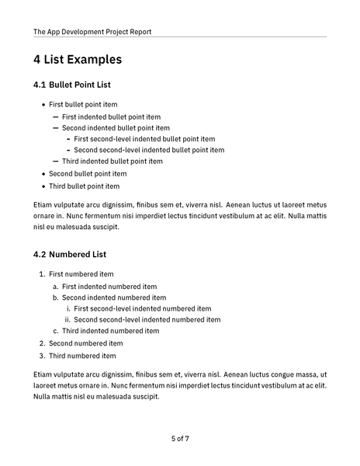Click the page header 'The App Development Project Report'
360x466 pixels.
point(92,32)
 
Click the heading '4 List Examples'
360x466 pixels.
point(78,59)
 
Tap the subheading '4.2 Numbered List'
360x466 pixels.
point(70,254)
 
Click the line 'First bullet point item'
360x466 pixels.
point(83,104)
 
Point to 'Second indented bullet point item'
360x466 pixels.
point(116,127)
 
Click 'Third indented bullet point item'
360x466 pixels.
point(112,162)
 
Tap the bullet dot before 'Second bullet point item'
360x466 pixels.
point(42,174)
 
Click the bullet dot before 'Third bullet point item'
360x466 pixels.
point(42,186)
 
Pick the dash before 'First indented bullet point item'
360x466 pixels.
point(55,116)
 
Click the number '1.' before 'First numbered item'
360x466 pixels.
point(42,274)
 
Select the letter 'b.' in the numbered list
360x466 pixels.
point(56,297)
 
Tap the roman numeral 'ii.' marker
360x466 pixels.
point(67,319)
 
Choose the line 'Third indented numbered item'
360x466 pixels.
point(110,331)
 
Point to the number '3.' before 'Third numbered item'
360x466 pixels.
point(42,356)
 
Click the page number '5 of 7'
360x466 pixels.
point(180,439)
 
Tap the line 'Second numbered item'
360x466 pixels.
point(85,343)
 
